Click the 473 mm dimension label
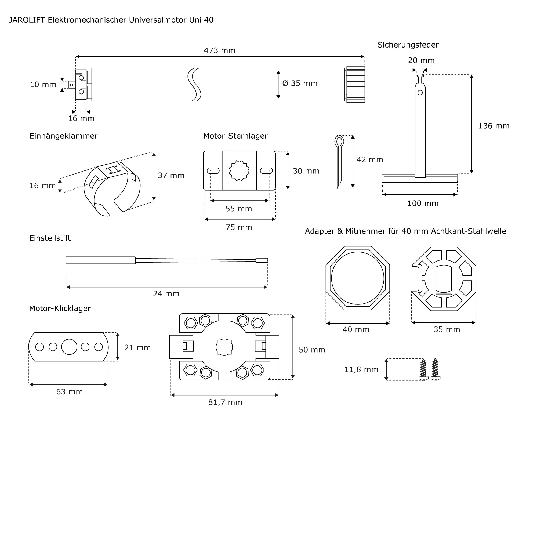[x=219, y=50]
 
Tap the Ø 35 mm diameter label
[x=300, y=84]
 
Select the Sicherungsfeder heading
[x=408, y=45]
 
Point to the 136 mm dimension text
[x=494, y=126]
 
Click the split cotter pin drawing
[x=339, y=161]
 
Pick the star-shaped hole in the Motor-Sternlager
[x=239, y=171]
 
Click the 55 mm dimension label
[x=238, y=209]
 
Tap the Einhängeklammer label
[x=63, y=136]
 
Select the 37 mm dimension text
[x=171, y=176]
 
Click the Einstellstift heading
[x=50, y=238]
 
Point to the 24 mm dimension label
[x=166, y=294]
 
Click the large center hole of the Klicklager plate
[x=69, y=347]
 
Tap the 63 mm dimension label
[x=70, y=392]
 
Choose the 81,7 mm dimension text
[x=225, y=402]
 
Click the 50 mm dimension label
[x=312, y=350]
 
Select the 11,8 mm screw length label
[x=361, y=370]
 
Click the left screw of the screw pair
[x=423, y=369]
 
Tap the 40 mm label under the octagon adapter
[x=356, y=330]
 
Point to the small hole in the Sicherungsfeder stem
[x=420, y=93]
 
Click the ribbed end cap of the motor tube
[x=355, y=85]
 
